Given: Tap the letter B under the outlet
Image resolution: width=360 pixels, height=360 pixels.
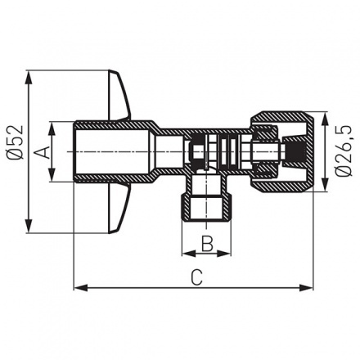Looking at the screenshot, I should tap(207, 243).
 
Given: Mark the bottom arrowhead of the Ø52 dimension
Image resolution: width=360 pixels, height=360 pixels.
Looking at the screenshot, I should tap(29, 228).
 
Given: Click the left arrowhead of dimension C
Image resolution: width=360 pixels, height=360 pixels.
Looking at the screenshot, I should tap(78, 287).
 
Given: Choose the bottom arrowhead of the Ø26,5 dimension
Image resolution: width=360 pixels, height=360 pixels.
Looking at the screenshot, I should tap(329, 190).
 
